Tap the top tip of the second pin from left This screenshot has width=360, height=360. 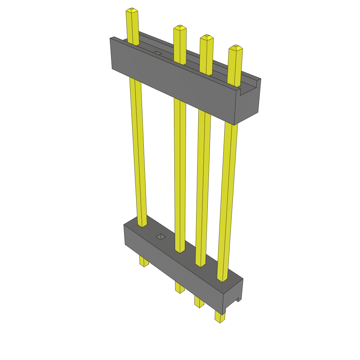tap(180, 28)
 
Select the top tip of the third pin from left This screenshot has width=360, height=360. tap(207, 37)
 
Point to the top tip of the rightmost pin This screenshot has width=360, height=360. tap(236, 47)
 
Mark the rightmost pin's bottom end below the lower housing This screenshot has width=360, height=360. tap(220, 318)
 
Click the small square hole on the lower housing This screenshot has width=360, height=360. tap(161, 237)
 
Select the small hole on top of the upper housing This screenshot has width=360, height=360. tap(157, 53)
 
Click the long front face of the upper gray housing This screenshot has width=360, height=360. tap(176, 88)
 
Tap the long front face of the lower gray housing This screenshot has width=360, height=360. tap(172, 267)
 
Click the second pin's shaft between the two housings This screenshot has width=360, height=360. tap(180, 176)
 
